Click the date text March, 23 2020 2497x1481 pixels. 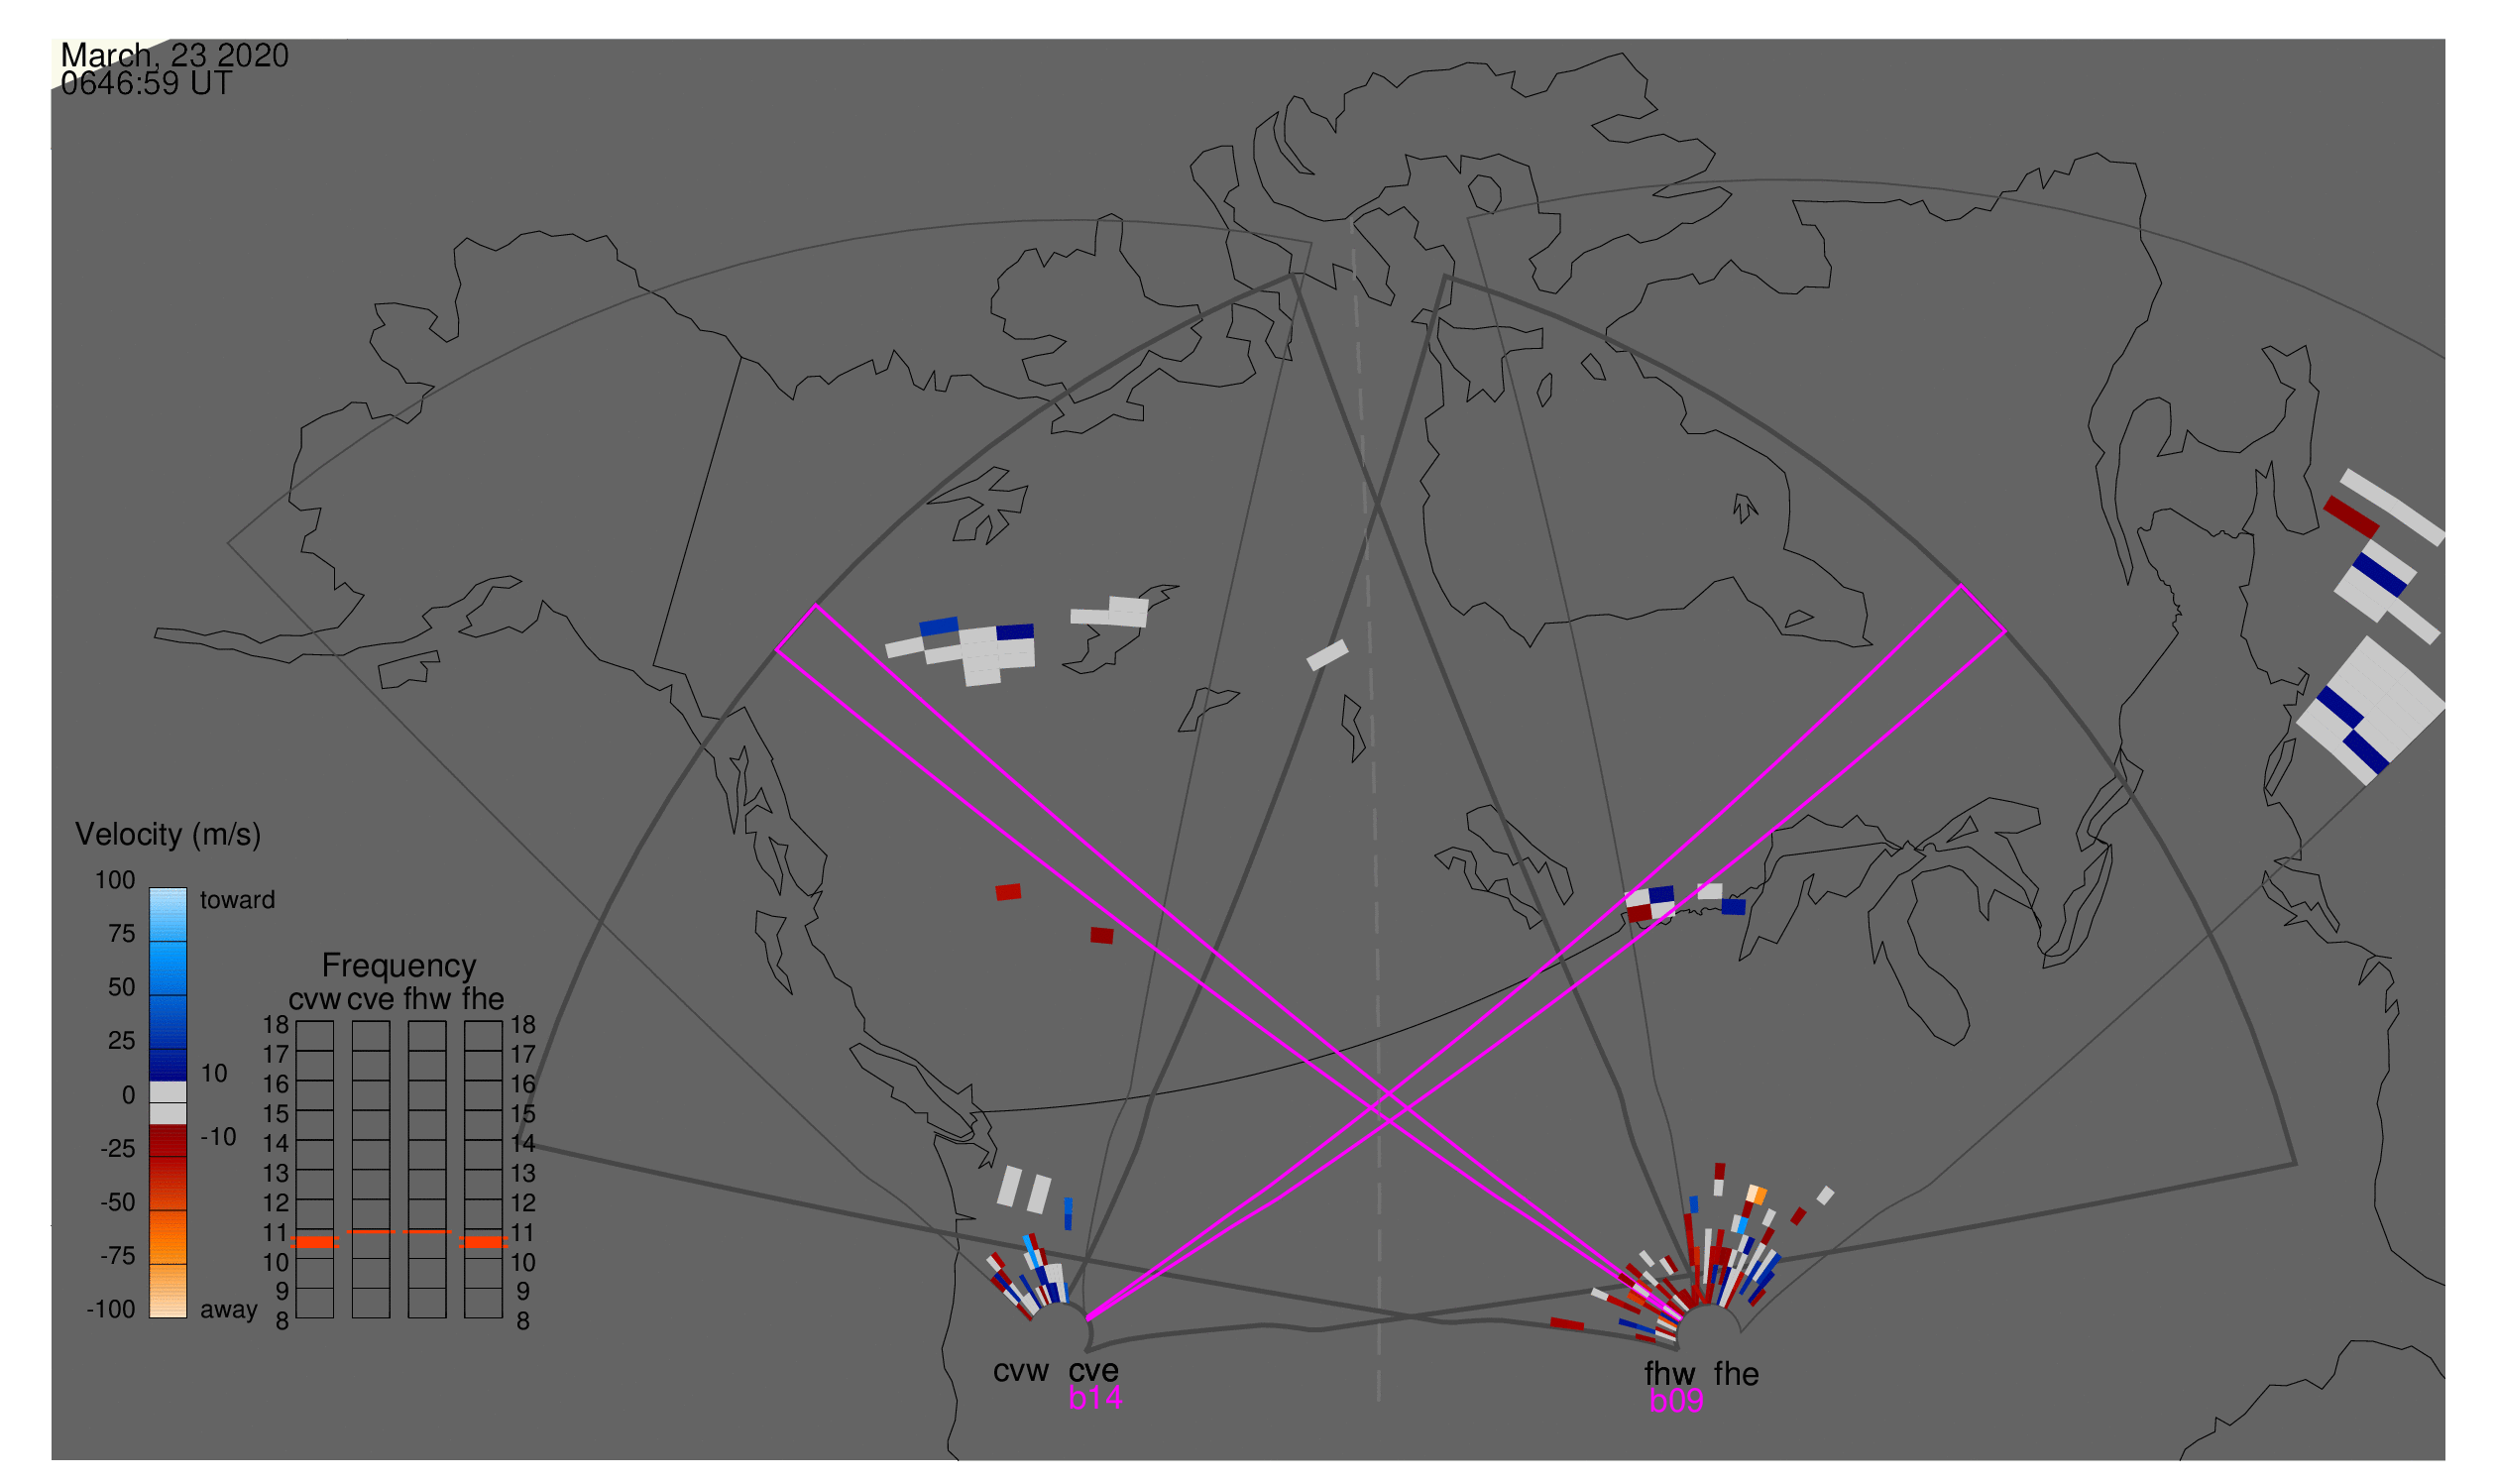[174, 55]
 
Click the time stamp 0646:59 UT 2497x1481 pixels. [147, 84]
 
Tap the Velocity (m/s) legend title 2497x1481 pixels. [168, 836]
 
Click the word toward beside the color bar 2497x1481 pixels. [238, 900]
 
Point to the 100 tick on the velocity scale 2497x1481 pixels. [115, 880]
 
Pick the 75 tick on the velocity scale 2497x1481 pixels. [122, 934]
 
